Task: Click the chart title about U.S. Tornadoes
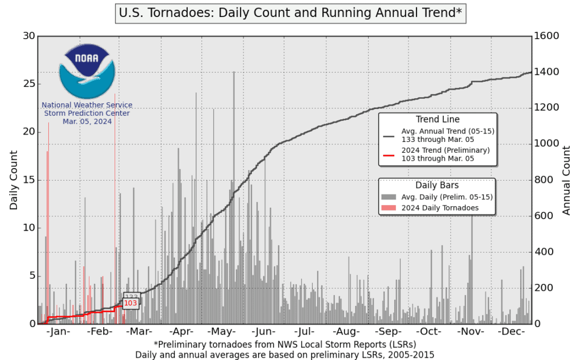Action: [290, 12]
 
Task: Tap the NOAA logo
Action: [87, 72]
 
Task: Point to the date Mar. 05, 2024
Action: [87, 122]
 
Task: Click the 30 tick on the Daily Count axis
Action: [28, 36]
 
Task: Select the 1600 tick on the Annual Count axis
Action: [547, 36]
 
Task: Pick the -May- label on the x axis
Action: [221, 332]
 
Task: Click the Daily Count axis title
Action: [14, 179]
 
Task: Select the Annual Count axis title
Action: [566, 179]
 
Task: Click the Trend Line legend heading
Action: [437, 119]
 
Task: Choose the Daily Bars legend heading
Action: [437, 185]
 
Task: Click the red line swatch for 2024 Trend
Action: [389, 154]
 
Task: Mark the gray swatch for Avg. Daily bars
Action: [389, 196]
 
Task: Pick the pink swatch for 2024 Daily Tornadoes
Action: [389, 208]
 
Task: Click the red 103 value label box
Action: [130, 304]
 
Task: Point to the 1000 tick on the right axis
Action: [547, 144]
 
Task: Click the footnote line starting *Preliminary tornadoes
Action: [285, 345]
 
